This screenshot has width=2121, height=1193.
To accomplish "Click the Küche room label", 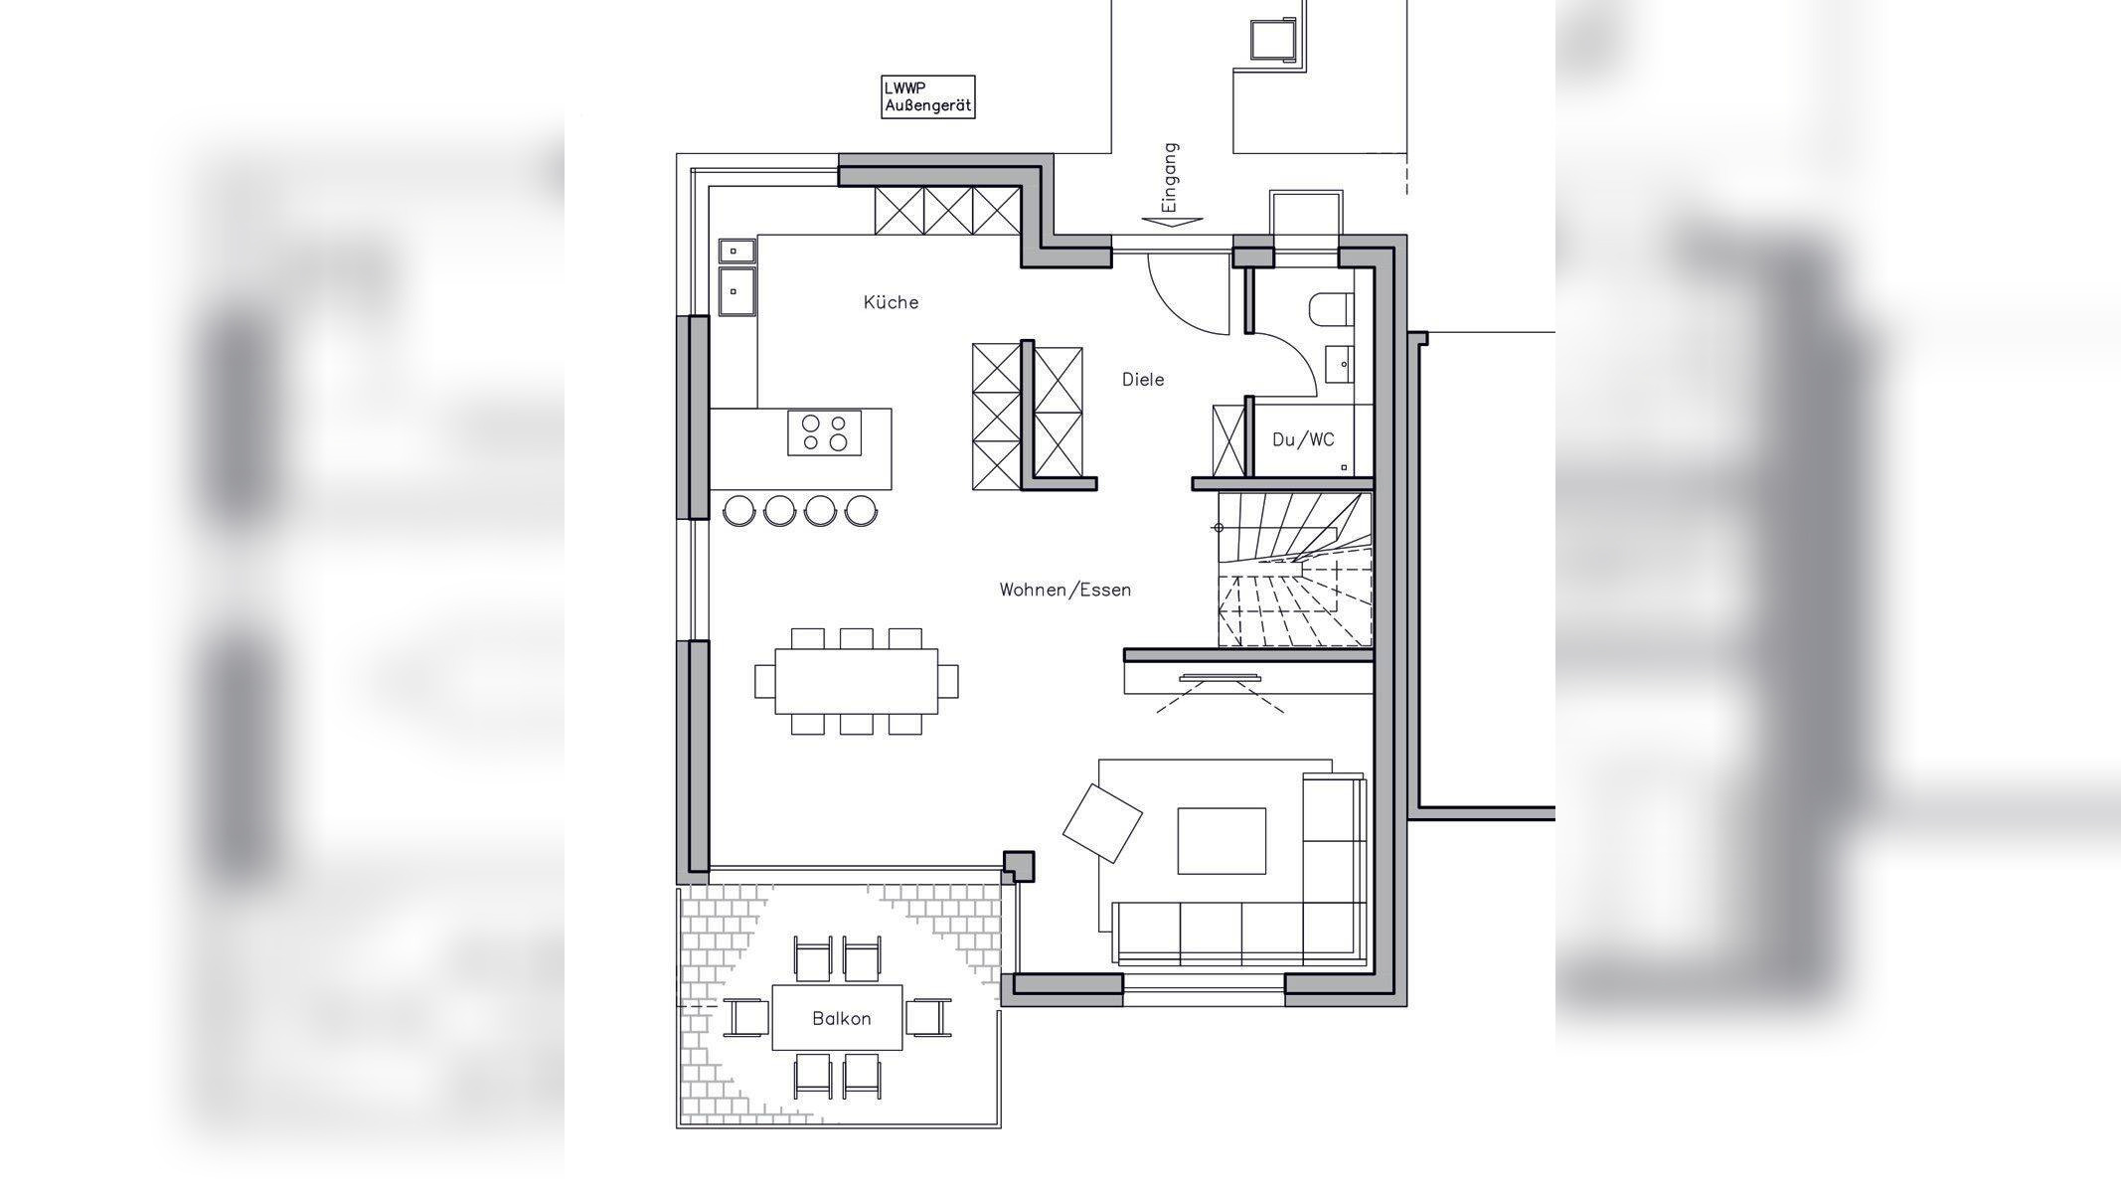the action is point(891,302).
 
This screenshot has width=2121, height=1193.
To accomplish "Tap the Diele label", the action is point(1143,379).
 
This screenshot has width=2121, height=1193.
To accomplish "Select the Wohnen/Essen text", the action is point(1065,590).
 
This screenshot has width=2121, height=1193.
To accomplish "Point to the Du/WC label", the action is point(1303,439).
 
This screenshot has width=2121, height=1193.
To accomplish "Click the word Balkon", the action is point(842,1018).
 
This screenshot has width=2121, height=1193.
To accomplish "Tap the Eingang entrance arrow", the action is point(1173,223).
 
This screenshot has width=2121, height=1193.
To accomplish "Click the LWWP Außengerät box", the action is point(928,96).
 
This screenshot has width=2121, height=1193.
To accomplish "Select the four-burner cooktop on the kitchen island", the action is point(825,432).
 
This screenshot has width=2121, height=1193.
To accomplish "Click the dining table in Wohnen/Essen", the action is point(856,681).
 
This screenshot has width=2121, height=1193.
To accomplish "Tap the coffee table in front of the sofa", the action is point(1222,841).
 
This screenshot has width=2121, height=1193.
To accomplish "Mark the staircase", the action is point(1295,570).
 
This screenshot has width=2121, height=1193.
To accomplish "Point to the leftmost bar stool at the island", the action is point(738,510).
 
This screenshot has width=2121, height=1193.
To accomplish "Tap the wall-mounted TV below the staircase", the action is point(1220,679).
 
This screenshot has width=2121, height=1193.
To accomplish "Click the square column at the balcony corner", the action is point(1018,867).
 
